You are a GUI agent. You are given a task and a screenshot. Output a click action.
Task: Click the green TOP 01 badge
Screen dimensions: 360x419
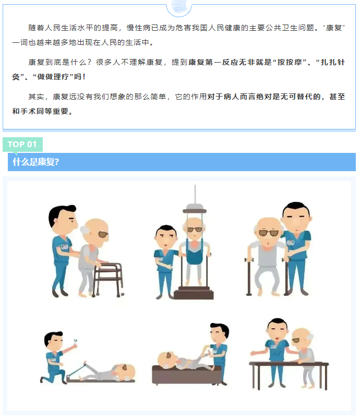[23, 145]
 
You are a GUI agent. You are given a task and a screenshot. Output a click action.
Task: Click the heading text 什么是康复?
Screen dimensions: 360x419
[36, 162]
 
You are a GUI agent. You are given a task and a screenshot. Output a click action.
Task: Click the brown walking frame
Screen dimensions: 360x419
[108, 279]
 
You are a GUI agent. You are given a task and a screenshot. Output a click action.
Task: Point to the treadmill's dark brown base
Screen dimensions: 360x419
[194, 293]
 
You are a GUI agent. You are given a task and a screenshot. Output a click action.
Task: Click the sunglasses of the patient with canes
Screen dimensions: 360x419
[268, 233]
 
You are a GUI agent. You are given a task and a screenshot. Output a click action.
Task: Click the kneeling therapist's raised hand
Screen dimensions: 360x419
[74, 345]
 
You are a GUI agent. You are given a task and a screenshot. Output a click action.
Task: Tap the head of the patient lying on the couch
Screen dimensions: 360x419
[166, 360]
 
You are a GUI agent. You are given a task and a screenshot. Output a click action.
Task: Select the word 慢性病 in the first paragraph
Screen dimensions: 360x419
[138, 28]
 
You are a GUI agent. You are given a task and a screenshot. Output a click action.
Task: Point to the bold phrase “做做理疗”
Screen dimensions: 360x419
[53, 77]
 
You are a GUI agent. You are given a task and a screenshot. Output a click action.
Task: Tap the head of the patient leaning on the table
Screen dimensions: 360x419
[302, 338]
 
